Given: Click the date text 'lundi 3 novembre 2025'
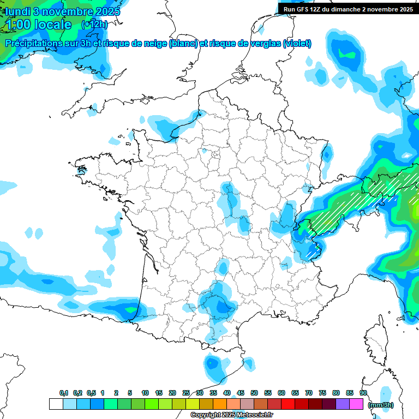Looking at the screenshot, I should coord(63,11).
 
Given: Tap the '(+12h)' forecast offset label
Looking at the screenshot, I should coord(94,25).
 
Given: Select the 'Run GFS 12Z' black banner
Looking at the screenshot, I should coord(348,9).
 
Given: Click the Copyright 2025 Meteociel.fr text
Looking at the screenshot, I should coord(232,415).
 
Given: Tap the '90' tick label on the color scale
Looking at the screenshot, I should coord(363,393).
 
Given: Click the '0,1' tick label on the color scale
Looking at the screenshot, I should coord(63,393).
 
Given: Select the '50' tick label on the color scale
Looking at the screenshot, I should coord(254,393).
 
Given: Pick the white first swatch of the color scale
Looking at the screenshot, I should coord(56,404).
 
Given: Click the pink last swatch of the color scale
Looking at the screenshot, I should coord(356,404).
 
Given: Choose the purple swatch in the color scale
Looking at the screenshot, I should coord(343,404).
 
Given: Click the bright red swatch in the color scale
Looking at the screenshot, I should coord(288,404).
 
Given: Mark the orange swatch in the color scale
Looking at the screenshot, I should coord(220,404).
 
